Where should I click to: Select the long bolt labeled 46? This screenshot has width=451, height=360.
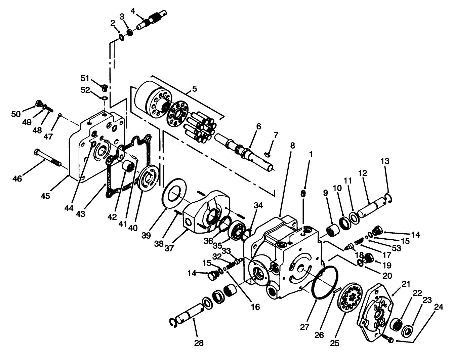[47, 158]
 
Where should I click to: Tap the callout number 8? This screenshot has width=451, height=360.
[292, 145]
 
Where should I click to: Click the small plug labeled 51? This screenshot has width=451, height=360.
[104, 88]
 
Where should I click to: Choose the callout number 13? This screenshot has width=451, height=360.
[385, 161]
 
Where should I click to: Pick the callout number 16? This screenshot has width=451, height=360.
[255, 307]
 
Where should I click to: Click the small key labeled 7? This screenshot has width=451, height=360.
[268, 154]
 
